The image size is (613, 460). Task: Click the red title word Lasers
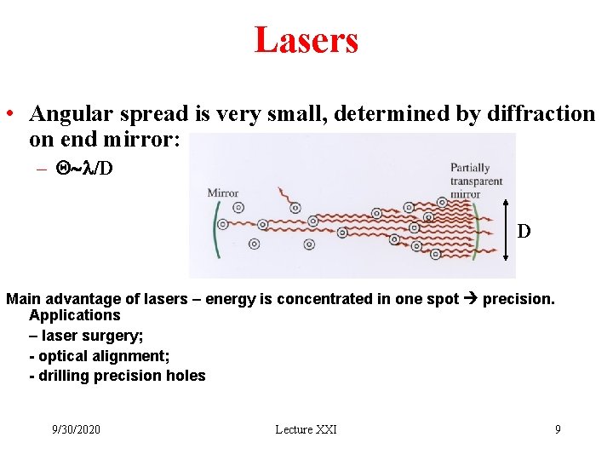(x=306, y=40)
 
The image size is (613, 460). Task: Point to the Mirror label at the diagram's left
(x=223, y=193)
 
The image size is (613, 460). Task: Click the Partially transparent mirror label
(x=476, y=181)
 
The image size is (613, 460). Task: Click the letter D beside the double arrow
(x=524, y=231)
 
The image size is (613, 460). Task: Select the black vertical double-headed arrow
(x=507, y=230)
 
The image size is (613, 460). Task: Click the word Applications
(x=75, y=315)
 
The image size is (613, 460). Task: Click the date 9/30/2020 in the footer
(x=75, y=429)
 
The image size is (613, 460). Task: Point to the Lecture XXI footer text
(x=306, y=429)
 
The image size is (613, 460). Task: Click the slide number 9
(x=558, y=429)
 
